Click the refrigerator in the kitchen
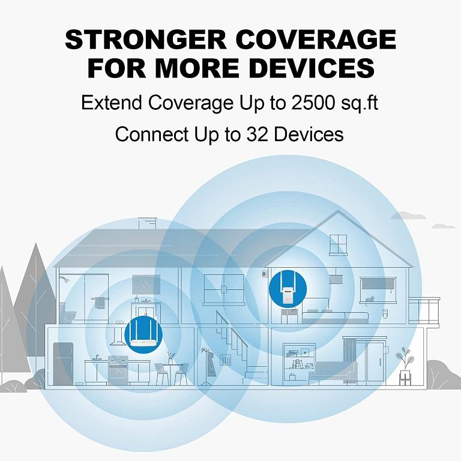(62, 363)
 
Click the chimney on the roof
(145, 223)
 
